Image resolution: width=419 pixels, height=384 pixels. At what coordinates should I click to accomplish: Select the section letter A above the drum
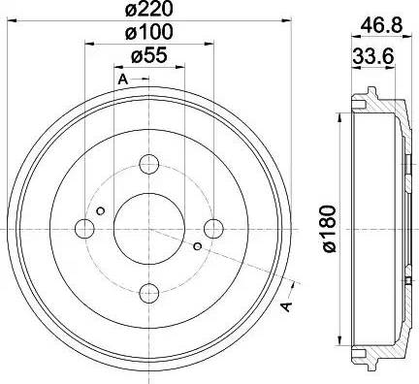point(122,78)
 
